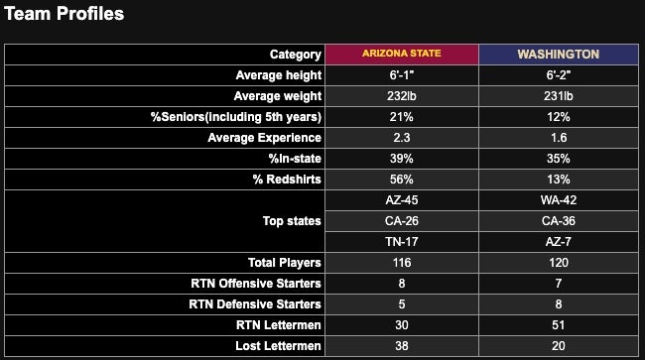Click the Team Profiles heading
[63, 15]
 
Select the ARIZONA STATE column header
[402, 54]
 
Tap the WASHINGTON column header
[557, 54]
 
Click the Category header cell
[295, 55]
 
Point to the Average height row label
[278, 75]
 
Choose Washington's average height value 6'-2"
[557, 75]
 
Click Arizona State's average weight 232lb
[402, 96]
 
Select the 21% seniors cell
[402, 117]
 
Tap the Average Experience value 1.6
[557, 138]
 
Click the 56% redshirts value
[402, 180]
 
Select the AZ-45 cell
[402, 200]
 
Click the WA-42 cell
[557, 200]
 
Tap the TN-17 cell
[402, 242]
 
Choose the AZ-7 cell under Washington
[557, 242]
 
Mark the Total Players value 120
[557, 263]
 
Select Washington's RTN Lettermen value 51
[557, 325]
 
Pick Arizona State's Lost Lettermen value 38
[402, 346]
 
